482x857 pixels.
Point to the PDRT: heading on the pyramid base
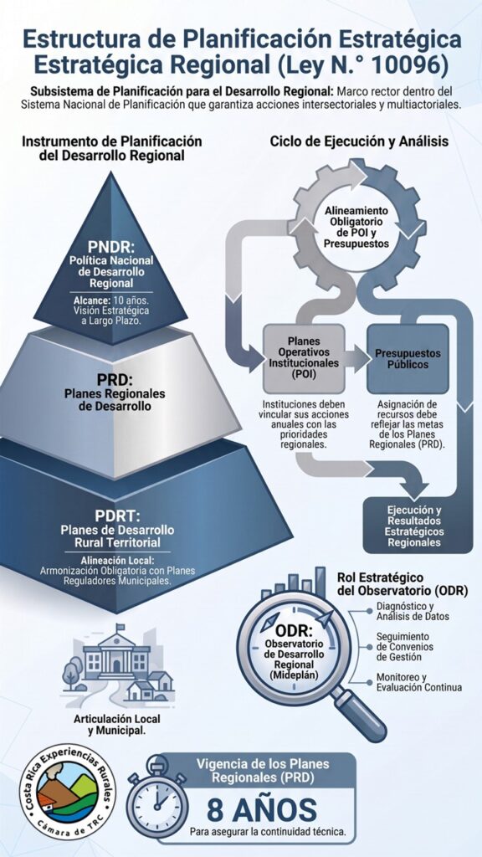click(117, 516)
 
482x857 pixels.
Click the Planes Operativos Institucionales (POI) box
click(304, 358)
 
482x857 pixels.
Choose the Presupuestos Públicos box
click(408, 358)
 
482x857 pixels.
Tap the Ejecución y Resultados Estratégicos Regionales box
click(418, 525)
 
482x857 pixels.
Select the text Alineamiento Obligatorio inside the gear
click(356, 216)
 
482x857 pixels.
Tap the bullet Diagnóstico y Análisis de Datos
click(413, 612)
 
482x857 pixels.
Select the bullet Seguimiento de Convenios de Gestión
click(407, 647)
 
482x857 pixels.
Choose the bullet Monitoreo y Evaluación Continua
click(418, 681)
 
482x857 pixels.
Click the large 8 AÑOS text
click(261, 809)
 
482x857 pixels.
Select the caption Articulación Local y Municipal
click(117, 724)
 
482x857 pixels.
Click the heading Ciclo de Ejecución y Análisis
click(360, 141)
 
